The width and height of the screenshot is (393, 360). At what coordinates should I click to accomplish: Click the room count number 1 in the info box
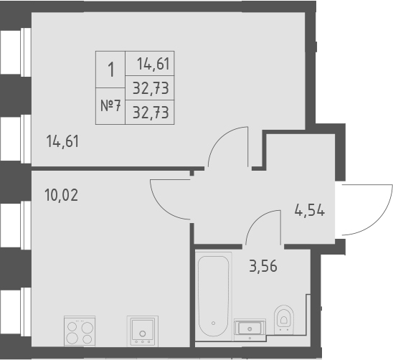(x=110, y=70)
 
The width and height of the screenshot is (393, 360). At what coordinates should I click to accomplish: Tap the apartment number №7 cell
(x=110, y=106)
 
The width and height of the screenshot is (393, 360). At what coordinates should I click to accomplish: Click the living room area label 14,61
(x=62, y=141)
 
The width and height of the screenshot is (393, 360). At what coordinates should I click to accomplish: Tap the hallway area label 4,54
(x=310, y=212)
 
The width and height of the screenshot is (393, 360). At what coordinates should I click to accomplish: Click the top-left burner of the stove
(x=73, y=325)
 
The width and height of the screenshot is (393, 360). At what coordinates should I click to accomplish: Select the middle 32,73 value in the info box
(x=151, y=88)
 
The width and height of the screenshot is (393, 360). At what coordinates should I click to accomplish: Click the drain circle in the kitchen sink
(x=143, y=333)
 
